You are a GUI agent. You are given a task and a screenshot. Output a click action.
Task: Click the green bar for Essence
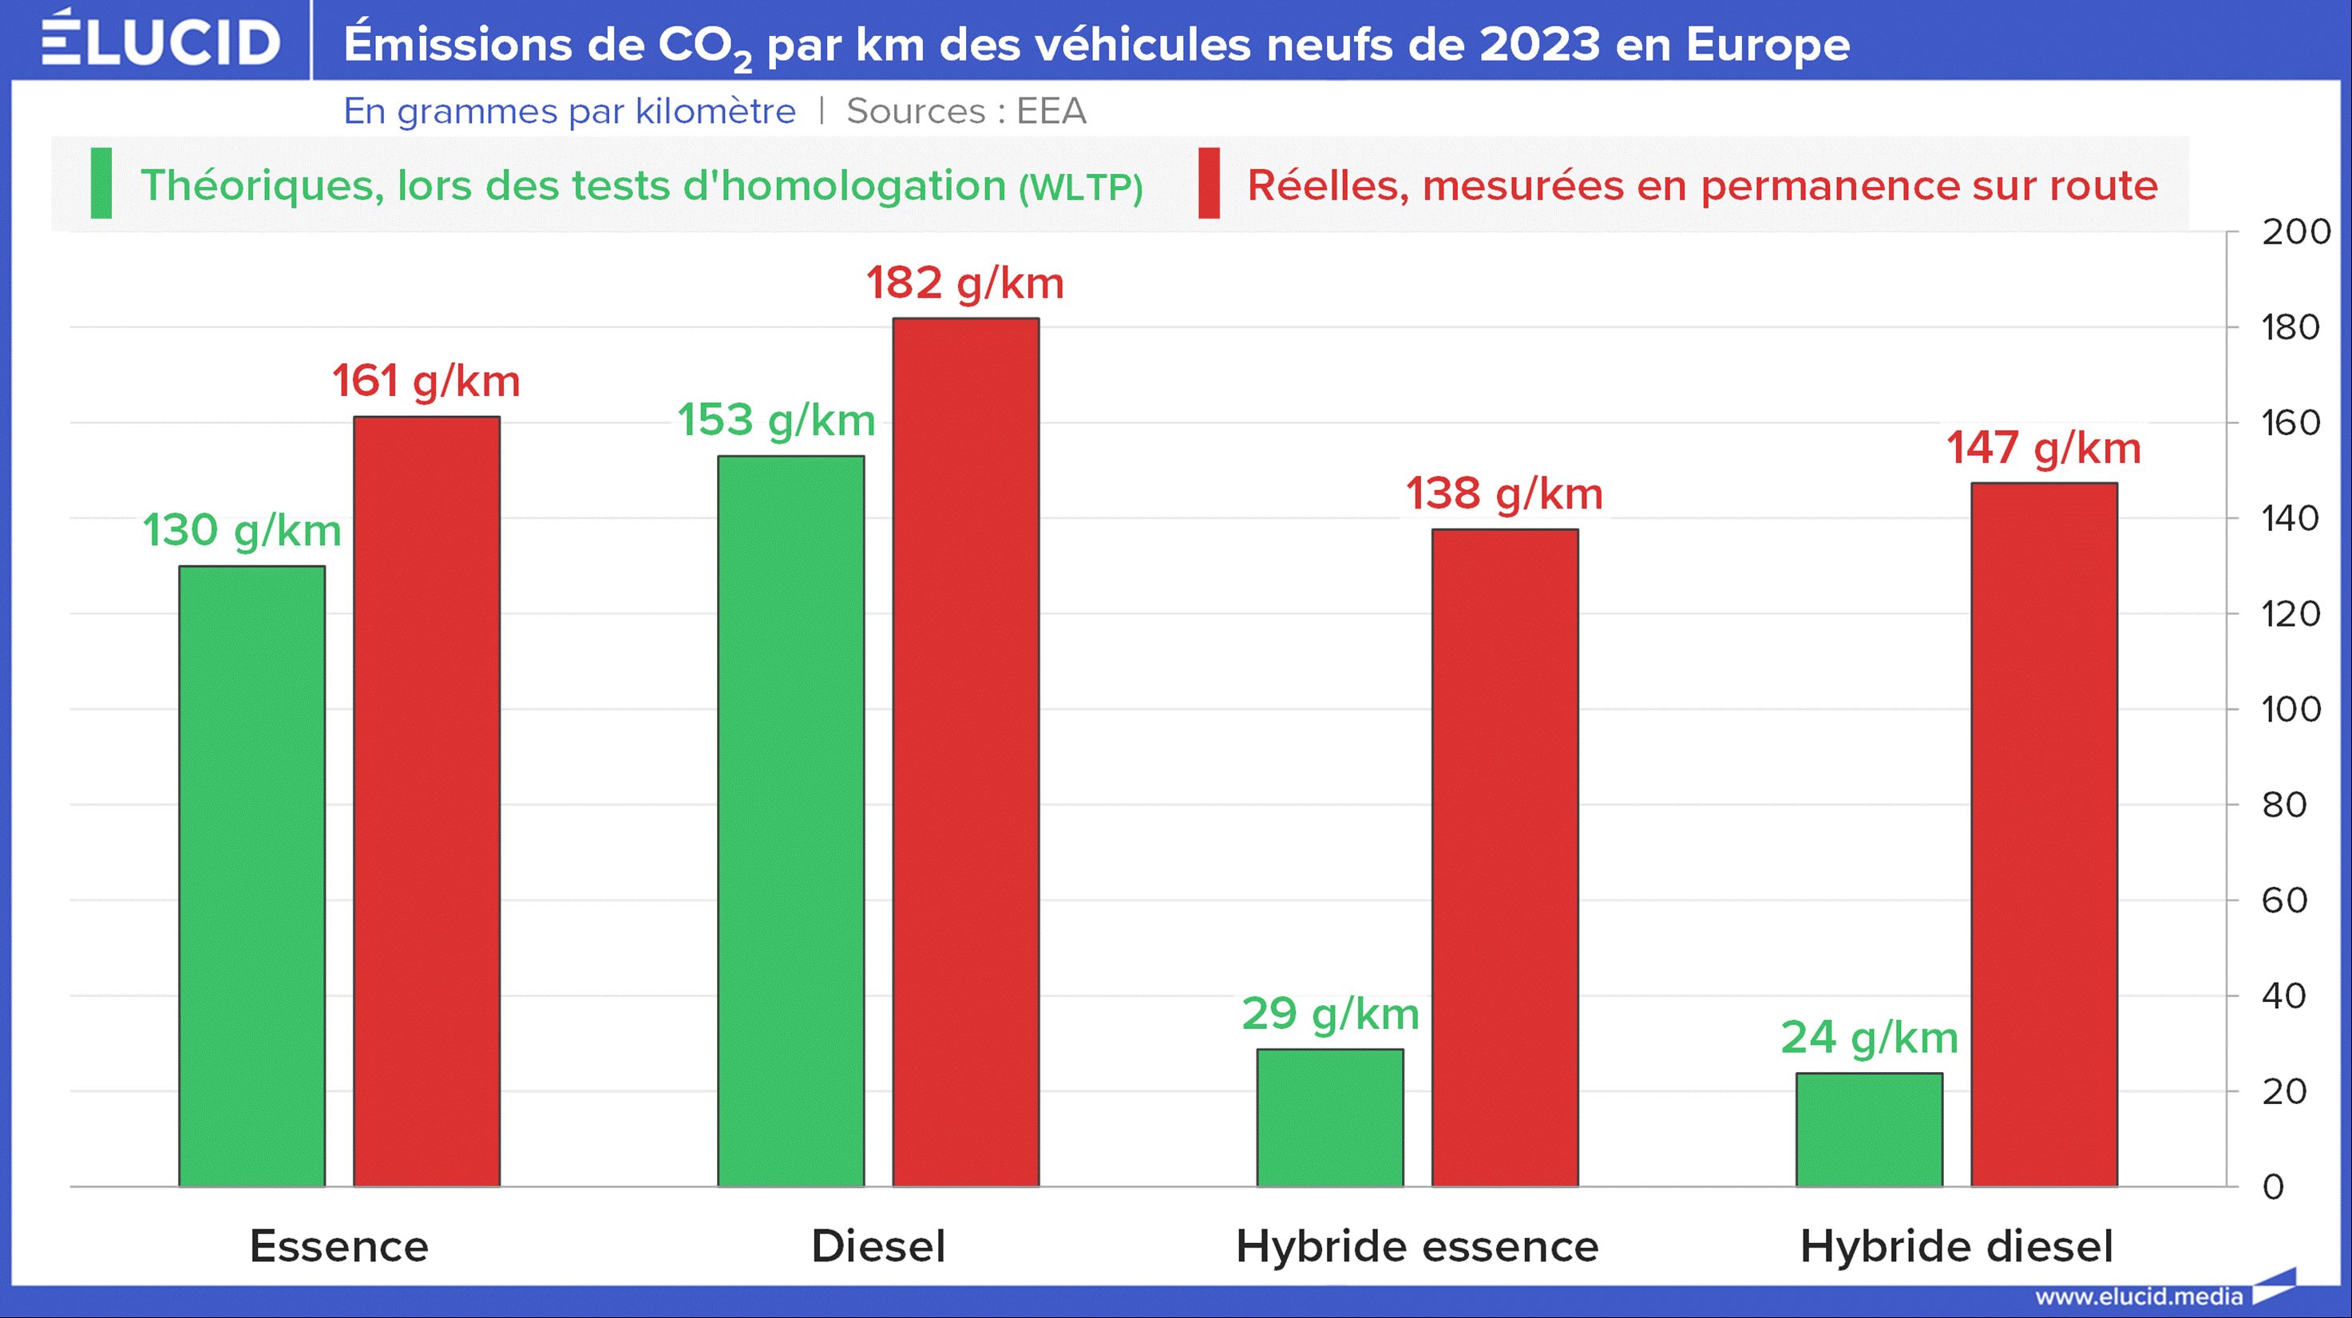252,877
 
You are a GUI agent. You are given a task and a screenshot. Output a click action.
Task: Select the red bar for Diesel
966,752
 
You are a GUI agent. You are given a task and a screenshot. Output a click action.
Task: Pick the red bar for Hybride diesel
2045,834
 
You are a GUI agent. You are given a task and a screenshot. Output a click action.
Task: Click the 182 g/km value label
965,283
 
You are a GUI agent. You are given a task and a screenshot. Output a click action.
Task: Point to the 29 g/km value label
1330,1014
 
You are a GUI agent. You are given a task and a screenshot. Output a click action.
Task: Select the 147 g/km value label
2043,448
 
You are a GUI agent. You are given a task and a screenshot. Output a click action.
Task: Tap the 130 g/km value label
242,530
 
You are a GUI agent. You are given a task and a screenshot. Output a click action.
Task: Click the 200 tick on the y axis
2295,232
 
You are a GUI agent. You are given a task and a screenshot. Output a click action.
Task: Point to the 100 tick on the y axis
2291,709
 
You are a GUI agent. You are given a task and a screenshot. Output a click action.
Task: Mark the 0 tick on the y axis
2274,1186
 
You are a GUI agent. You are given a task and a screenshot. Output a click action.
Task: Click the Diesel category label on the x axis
878,1247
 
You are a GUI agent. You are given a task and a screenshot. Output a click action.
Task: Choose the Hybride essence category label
1417,1247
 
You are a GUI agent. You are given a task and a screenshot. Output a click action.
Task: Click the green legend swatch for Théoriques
101,184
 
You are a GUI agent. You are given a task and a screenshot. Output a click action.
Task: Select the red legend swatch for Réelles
1209,184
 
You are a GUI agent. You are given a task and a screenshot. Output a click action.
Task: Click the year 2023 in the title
1539,44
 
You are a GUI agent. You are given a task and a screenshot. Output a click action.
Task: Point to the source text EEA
1051,111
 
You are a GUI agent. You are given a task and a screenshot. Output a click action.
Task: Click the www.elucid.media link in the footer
2138,1296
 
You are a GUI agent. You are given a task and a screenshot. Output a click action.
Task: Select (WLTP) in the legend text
1081,187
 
